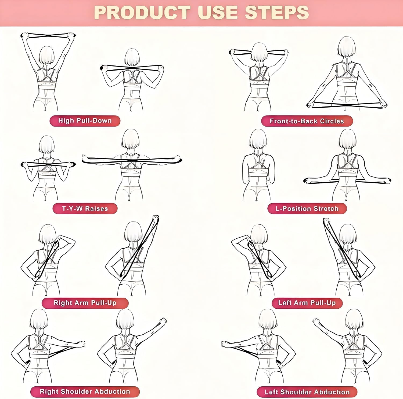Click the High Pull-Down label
pyautogui.click(x=85, y=121)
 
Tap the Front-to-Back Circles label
pyautogui.click(x=307, y=121)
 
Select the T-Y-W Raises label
pyautogui.click(x=85, y=209)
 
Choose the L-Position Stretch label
pyautogui.click(x=307, y=209)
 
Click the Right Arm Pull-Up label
pyautogui.click(x=85, y=303)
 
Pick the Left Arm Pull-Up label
pyautogui.click(x=307, y=303)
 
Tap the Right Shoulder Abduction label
pyautogui.click(x=85, y=392)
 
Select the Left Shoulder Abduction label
pyautogui.click(x=307, y=392)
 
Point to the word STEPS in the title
pyautogui.click(x=277, y=13)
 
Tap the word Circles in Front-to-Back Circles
pyautogui.click(x=332, y=121)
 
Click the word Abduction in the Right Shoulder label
pyautogui.click(x=112, y=392)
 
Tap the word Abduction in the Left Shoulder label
pyautogui.click(x=332, y=392)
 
